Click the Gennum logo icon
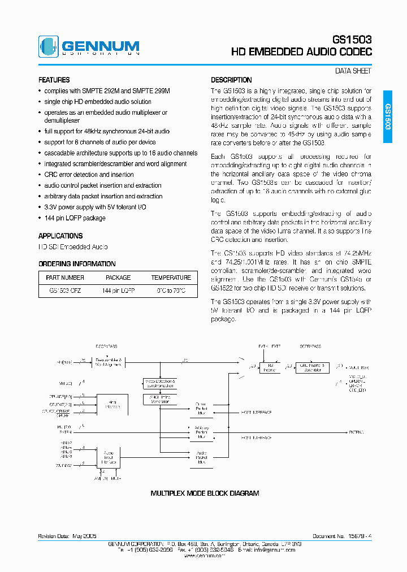pos(48,46)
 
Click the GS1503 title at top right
pos(352,40)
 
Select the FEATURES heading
pos(54,80)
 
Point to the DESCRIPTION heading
pos(231,80)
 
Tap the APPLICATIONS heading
pos(60,236)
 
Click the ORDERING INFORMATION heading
pos(77,264)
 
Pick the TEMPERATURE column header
pos(171,278)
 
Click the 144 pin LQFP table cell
pos(118,291)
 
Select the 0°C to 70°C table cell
pos(171,291)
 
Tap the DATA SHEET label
pos(353,71)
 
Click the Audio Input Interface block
pos(109,458)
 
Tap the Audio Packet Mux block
pos(201,457)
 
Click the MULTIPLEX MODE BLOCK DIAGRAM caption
pos(205,493)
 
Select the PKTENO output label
pos(356,432)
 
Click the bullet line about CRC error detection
pos(89,175)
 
